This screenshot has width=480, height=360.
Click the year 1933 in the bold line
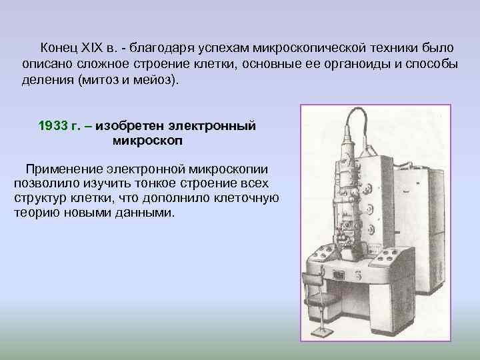(x=53, y=126)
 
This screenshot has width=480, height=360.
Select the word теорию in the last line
(x=35, y=213)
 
